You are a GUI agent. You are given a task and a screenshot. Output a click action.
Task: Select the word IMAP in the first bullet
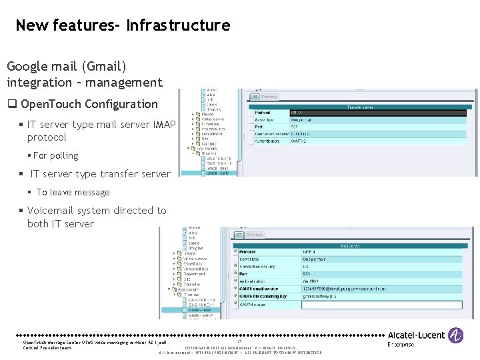(x=164, y=124)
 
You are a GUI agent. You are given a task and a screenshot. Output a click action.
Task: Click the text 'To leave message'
(x=73, y=192)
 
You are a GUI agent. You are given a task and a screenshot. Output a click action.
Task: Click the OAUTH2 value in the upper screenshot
(x=299, y=141)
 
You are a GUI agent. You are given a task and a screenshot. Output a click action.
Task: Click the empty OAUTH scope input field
(x=381, y=305)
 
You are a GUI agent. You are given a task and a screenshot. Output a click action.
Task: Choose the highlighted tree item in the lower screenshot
(x=201, y=310)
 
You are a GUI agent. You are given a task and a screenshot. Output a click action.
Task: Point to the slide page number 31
(x=240, y=342)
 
